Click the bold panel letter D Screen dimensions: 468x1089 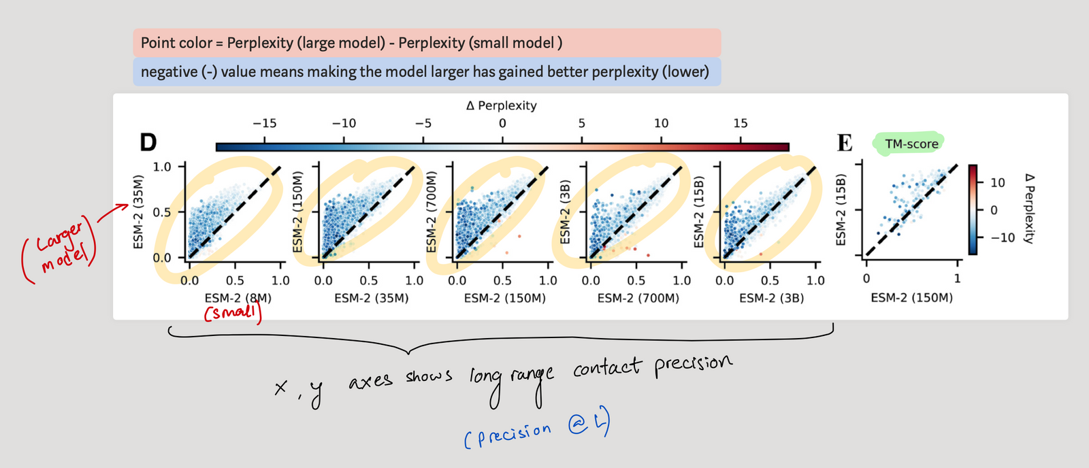(148, 142)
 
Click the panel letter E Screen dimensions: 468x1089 (845, 143)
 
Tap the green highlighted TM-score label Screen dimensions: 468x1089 (911, 144)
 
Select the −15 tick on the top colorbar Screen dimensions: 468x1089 (264, 124)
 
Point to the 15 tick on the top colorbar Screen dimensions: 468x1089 (741, 124)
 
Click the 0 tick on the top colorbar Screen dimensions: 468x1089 (502, 124)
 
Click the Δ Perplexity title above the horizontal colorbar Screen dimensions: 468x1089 (502, 105)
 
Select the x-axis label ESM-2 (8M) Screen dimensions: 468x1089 (238, 298)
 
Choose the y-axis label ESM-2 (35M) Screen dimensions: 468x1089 (138, 212)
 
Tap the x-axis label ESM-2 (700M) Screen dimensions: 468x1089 (638, 298)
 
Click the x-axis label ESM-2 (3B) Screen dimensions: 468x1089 (771, 298)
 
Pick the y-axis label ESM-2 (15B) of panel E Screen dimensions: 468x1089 (841, 210)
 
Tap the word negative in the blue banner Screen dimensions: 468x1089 (168, 72)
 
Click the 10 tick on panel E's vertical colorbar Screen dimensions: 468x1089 (997, 182)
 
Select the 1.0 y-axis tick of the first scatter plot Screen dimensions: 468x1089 (162, 167)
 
